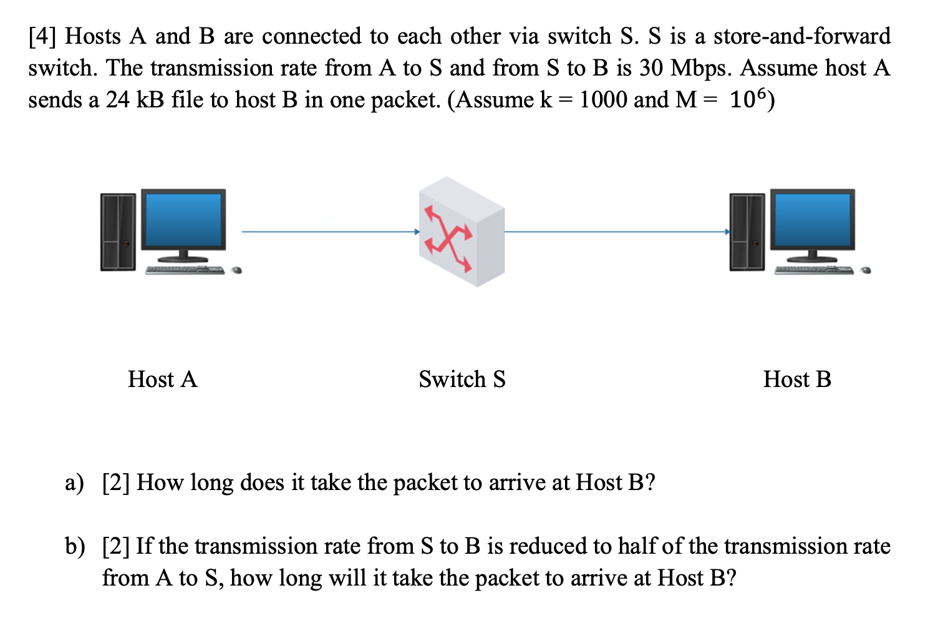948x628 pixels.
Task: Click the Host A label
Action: tap(162, 379)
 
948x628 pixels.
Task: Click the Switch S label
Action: tap(462, 379)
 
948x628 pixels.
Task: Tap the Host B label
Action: tap(797, 379)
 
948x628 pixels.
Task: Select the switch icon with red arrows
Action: tap(462, 232)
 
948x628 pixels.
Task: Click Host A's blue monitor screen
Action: tap(183, 219)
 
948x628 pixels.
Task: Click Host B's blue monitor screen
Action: tap(812, 219)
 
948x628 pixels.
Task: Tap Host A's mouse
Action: tap(237, 270)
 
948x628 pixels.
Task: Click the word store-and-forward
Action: tap(802, 36)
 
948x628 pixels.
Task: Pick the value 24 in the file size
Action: tap(117, 100)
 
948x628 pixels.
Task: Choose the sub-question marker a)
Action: tap(74, 483)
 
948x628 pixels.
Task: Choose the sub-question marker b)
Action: tap(74, 546)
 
